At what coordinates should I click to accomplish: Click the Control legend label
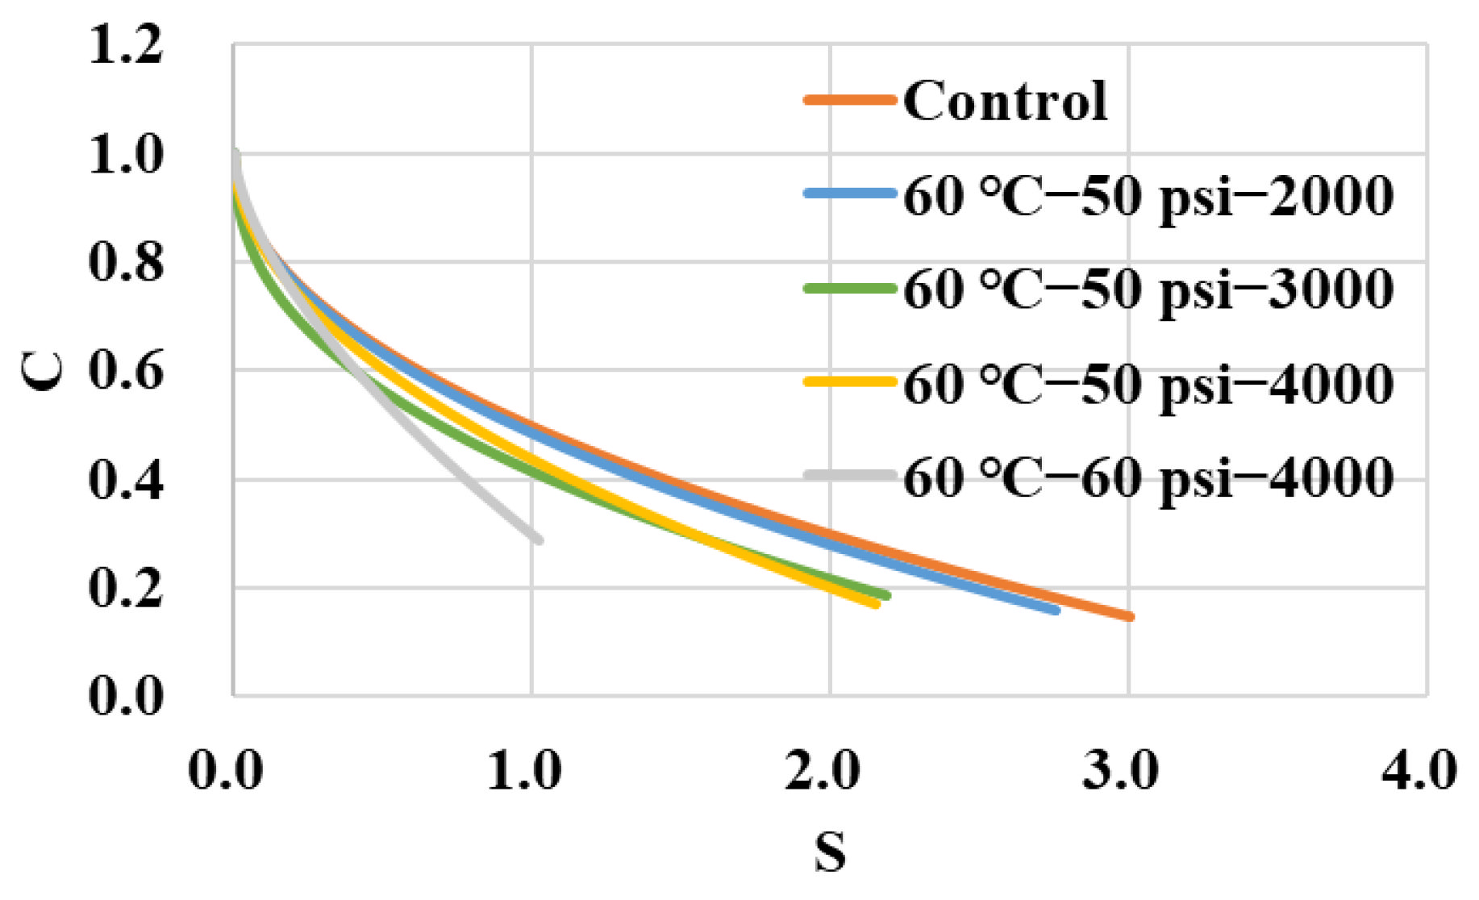tap(1005, 102)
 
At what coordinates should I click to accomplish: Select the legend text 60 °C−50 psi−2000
tap(1148, 196)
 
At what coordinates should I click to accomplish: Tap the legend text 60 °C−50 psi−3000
tap(1148, 290)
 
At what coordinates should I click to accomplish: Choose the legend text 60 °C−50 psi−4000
tap(1148, 384)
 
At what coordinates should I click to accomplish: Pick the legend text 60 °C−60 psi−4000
tap(1148, 477)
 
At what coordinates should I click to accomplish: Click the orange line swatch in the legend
tap(850, 100)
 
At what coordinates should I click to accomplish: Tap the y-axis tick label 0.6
tap(126, 371)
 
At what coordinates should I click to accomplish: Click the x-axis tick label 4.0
tap(1419, 769)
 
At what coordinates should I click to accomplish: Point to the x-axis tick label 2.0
tap(823, 769)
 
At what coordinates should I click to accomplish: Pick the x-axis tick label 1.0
tap(524, 769)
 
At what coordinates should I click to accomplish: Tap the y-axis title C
tap(43, 371)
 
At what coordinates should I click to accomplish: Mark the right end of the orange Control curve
tap(1131, 616)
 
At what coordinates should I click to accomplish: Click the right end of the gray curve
tap(539, 540)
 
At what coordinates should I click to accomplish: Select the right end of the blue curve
tap(1056, 610)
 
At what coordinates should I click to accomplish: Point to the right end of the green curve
tap(886, 595)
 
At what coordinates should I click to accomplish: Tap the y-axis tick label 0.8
tap(126, 262)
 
